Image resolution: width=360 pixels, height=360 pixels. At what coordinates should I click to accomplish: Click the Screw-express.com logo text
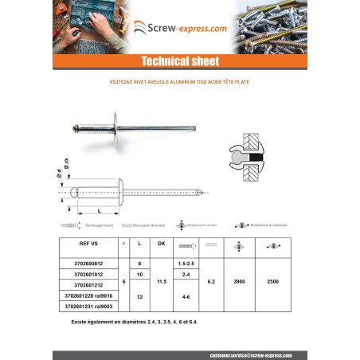(x=186, y=28)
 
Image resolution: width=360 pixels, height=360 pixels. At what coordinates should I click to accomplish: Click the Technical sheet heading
(x=179, y=61)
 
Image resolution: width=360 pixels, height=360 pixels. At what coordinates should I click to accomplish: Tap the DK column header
(x=161, y=243)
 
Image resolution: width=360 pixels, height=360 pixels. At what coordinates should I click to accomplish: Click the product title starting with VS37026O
(x=179, y=81)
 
